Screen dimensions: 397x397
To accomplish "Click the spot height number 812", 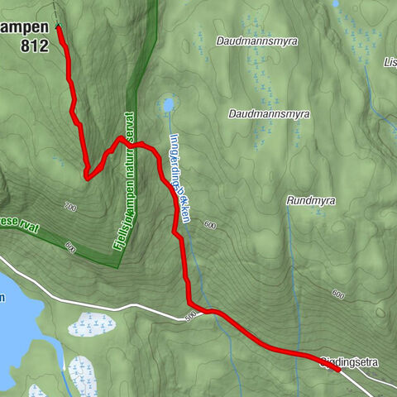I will (33, 46).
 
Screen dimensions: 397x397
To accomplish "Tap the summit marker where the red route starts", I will (58, 26).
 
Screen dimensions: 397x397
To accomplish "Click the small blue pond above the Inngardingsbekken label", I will (168, 105).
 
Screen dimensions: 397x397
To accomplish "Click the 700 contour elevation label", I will (69, 205).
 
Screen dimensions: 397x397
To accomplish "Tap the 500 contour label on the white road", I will (192, 315).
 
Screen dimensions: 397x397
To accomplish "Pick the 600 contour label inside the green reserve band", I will (69, 246).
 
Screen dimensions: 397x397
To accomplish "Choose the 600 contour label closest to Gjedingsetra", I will (337, 294).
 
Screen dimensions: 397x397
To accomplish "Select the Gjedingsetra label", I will (354, 361).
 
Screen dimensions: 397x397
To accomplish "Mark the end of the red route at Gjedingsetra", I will (337, 369).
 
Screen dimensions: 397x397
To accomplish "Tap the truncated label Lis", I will (390, 61).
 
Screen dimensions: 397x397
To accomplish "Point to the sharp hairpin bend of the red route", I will (86, 176).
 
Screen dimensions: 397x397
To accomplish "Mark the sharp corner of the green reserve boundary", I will (117, 266).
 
